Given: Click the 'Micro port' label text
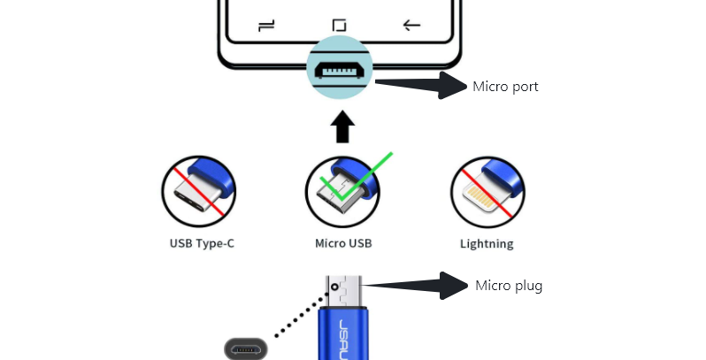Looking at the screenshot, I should [x=505, y=87].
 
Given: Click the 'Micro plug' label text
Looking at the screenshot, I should [x=509, y=286].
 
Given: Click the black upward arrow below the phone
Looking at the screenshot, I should [x=342, y=128].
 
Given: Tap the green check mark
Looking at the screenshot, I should [x=354, y=176].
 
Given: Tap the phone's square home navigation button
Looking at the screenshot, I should [x=340, y=26].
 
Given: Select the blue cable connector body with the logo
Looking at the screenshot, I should [x=342, y=332].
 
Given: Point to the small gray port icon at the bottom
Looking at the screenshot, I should [x=245, y=349].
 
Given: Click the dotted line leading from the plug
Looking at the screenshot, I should [x=296, y=314].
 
